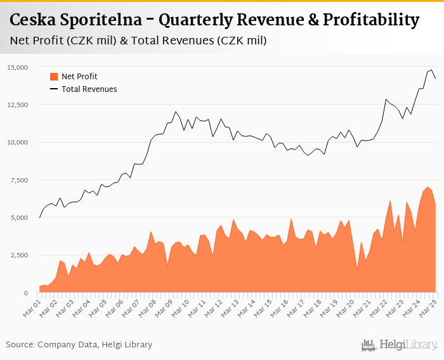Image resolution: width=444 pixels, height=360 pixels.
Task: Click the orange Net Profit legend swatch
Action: click(53, 77)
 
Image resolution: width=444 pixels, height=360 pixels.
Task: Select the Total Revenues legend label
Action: click(89, 89)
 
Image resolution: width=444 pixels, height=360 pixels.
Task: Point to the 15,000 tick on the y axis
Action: click(18, 67)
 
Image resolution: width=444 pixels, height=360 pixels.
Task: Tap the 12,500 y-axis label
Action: click(18, 105)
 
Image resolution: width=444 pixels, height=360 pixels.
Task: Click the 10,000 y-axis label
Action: click(18, 142)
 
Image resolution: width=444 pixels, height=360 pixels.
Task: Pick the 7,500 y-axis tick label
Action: click(19, 180)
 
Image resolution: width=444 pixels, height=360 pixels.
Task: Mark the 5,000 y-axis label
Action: click(19, 217)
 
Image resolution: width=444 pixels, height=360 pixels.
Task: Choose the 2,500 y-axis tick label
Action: click(19, 255)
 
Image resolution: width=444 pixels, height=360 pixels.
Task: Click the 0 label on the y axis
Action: click(26, 293)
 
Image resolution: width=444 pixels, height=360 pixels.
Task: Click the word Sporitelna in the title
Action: click(102, 21)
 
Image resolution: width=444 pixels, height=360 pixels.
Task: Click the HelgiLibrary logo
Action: click(399, 345)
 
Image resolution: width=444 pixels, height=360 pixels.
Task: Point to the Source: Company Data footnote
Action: click(79, 345)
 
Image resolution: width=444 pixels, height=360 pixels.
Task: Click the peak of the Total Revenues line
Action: click(431, 70)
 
